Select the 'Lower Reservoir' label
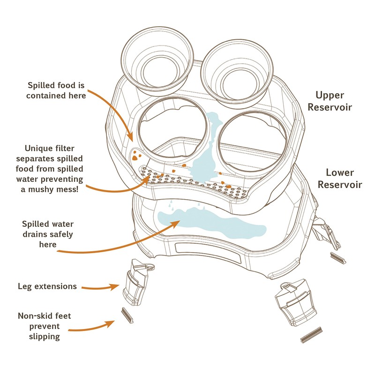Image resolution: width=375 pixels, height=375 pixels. [340, 179]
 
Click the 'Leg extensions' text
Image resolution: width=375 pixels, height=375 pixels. [47, 286]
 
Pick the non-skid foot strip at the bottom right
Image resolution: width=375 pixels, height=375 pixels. [309, 335]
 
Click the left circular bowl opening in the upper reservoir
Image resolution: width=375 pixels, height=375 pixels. [172, 128]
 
